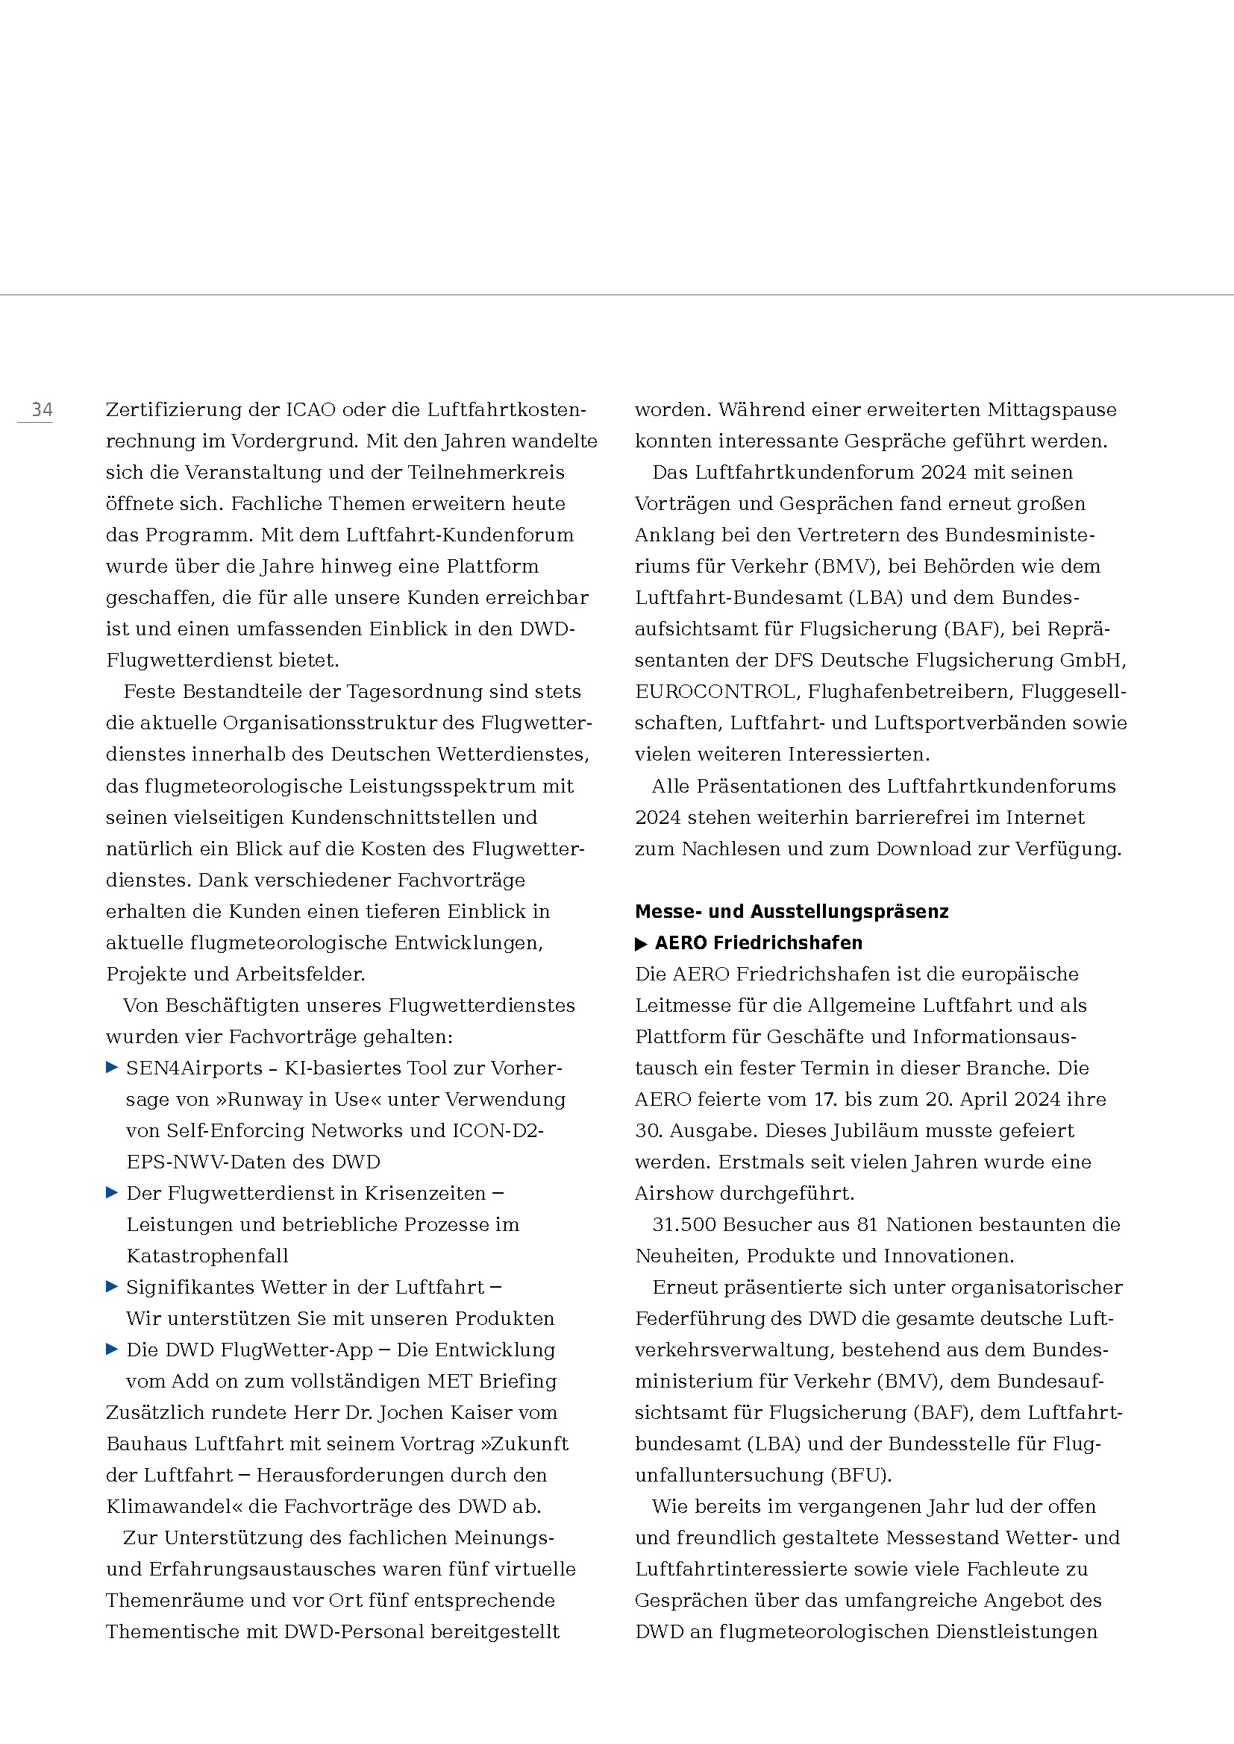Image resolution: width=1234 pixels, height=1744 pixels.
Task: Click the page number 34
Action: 42,410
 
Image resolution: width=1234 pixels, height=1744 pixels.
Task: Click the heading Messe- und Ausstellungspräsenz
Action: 791,911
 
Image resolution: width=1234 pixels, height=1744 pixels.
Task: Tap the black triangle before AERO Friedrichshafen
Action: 641,944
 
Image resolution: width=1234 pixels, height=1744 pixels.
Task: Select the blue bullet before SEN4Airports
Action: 112,1068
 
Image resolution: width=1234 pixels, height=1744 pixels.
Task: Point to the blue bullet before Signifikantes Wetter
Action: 112,1287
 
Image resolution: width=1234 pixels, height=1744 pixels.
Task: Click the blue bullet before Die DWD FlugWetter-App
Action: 112,1350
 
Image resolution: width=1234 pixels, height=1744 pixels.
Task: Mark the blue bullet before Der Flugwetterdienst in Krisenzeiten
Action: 112,1193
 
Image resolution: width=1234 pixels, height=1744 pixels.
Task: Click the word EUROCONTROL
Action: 715,692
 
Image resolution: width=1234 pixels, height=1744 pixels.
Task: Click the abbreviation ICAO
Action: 310,410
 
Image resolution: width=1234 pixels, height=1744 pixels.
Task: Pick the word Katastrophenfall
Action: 207,1256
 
